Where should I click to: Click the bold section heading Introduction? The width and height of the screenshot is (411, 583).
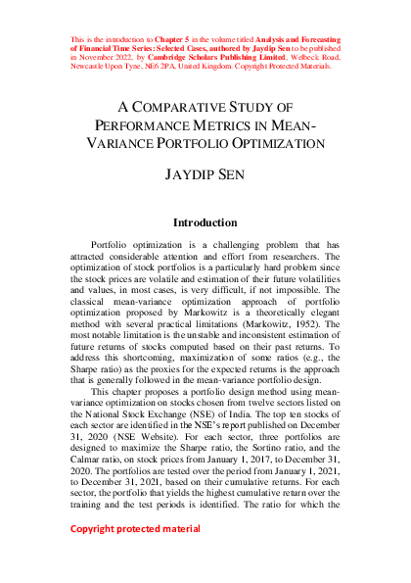pyautogui.click(x=205, y=223)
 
